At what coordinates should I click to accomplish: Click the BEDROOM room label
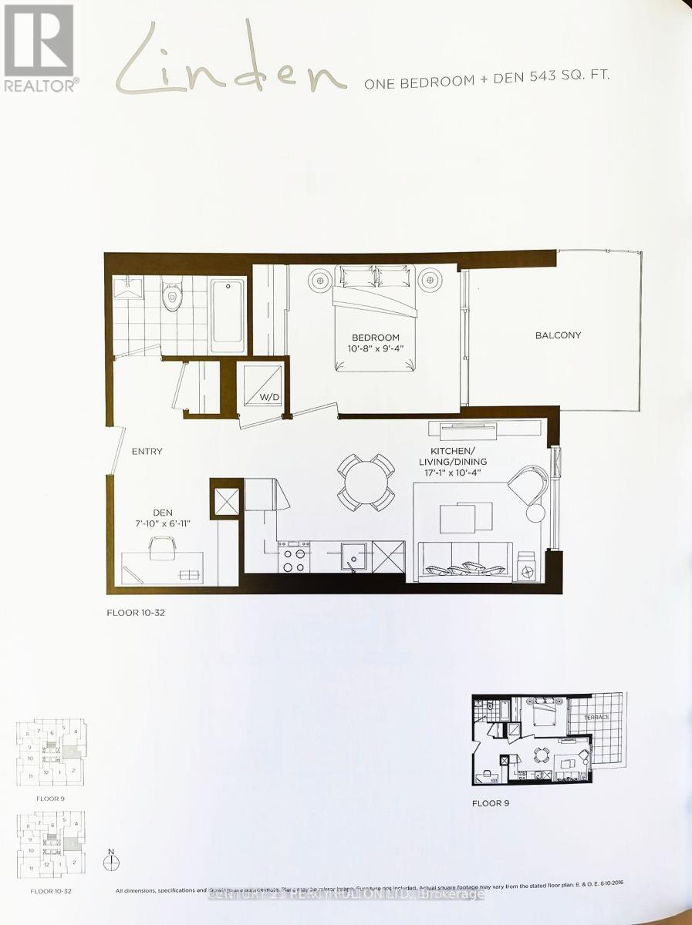click(x=376, y=338)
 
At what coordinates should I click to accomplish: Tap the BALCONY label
click(x=558, y=335)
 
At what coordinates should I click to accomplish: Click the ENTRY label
click(x=147, y=451)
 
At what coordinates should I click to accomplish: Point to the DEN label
click(x=162, y=513)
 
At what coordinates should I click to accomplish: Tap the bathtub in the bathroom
click(x=228, y=310)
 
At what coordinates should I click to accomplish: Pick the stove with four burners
click(x=294, y=558)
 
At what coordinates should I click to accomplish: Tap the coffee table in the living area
click(x=466, y=516)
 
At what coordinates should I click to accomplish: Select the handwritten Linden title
click(x=229, y=62)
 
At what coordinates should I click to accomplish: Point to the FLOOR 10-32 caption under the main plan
click(x=136, y=614)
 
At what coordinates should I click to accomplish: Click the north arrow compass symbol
click(x=112, y=860)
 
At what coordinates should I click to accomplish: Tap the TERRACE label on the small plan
click(x=596, y=717)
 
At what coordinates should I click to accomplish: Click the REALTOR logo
click(x=40, y=48)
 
